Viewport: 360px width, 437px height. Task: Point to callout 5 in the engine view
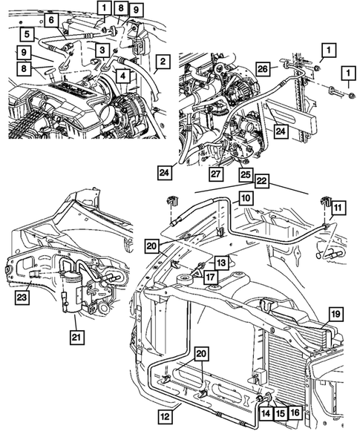pos(27,33)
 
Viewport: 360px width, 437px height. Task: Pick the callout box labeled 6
pos(51,22)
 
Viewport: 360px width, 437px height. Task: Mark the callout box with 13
pos(221,263)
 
